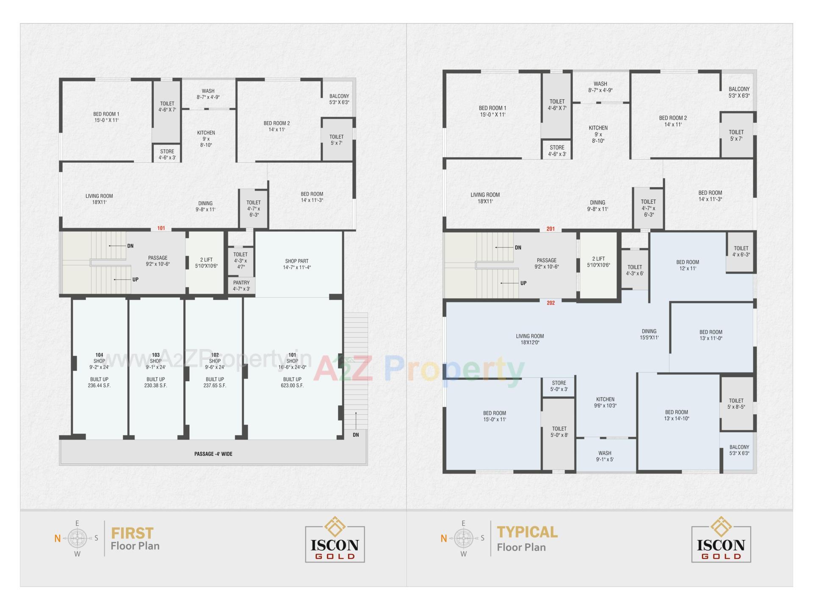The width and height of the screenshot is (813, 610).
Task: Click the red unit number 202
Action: coord(550,303)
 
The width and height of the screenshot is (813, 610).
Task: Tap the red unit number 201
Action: coord(550,229)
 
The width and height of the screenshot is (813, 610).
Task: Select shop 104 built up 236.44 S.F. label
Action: coord(99,383)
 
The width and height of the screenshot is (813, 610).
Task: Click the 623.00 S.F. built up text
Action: coord(292,385)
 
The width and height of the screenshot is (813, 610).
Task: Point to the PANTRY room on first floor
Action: coord(241,286)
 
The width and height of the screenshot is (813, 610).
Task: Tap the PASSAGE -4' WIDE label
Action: coord(213,454)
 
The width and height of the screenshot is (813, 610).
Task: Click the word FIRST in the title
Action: coord(132,533)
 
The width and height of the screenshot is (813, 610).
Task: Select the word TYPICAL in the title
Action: coord(527,532)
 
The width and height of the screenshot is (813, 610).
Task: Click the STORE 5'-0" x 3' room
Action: coord(559,386)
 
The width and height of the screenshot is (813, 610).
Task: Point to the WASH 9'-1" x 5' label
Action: coord(605,456)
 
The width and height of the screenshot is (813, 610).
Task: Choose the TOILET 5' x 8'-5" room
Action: coord(736,404)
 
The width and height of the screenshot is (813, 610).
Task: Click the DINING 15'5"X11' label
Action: coord(649,334)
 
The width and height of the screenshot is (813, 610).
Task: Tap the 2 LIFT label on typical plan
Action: coord(598,262)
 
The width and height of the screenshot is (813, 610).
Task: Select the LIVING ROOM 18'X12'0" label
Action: coord(530,339)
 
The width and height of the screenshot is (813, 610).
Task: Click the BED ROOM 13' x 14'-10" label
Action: coord(676,415)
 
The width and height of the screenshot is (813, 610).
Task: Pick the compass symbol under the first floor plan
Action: coord(77,538)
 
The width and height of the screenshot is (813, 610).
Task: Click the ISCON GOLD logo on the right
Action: coord(721,539)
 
